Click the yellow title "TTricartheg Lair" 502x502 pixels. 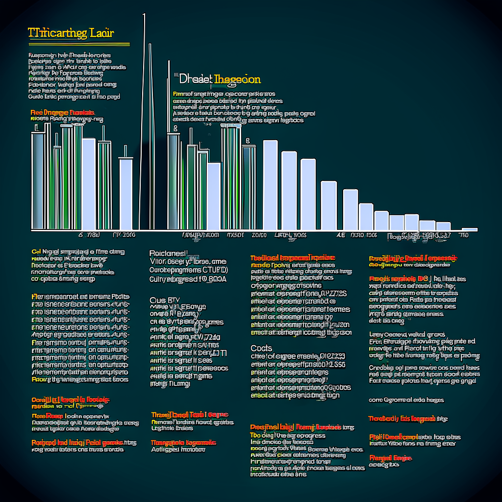[x=71, y=34]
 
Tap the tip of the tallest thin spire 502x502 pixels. [x=144, y=15]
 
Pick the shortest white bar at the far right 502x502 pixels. [x=469, y=229]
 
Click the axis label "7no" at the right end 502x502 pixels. [x=463, y=235]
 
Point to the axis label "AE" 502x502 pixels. [x=341, y=235]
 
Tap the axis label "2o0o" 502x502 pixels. [x=259, y=235]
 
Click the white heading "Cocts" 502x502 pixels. [x=261, y=348]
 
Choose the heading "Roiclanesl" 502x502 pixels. [x=168, y=253]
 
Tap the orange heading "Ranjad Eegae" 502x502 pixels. [x=390, y=458]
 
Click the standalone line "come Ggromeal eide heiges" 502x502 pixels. [x=406, y=400]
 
